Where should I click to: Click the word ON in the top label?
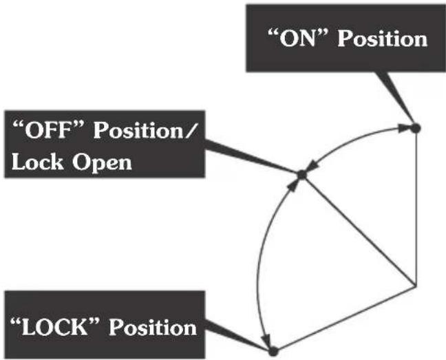click(x=298, y=39)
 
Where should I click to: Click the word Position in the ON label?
click(x=383, y=39)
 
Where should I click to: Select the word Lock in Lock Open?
click(x=37, y=162)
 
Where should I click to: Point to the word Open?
click(x=102, y=162)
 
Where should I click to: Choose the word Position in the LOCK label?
click(x=153, y=327)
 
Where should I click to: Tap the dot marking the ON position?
click(x=416, y=128)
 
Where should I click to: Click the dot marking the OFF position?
click(x=301, y=175)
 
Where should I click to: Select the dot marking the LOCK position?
click(x=273, y=352)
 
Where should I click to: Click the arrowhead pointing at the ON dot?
click(x=404, y=129)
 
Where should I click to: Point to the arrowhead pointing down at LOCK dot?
click(x=266, y=340)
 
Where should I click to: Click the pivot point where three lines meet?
click(x=416, y=285)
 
